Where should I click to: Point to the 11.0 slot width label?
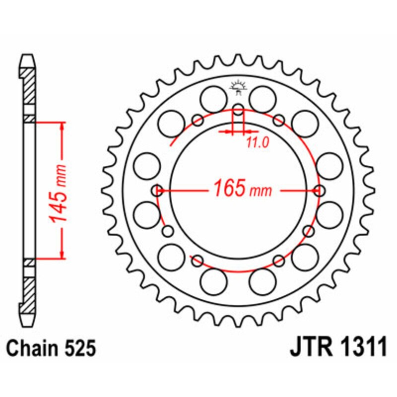[x=257, y=143]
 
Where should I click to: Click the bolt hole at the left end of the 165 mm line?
[x=158, y=190]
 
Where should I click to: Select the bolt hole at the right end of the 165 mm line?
[x=320, y=190]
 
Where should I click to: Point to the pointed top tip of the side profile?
[x=29, y=56]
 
